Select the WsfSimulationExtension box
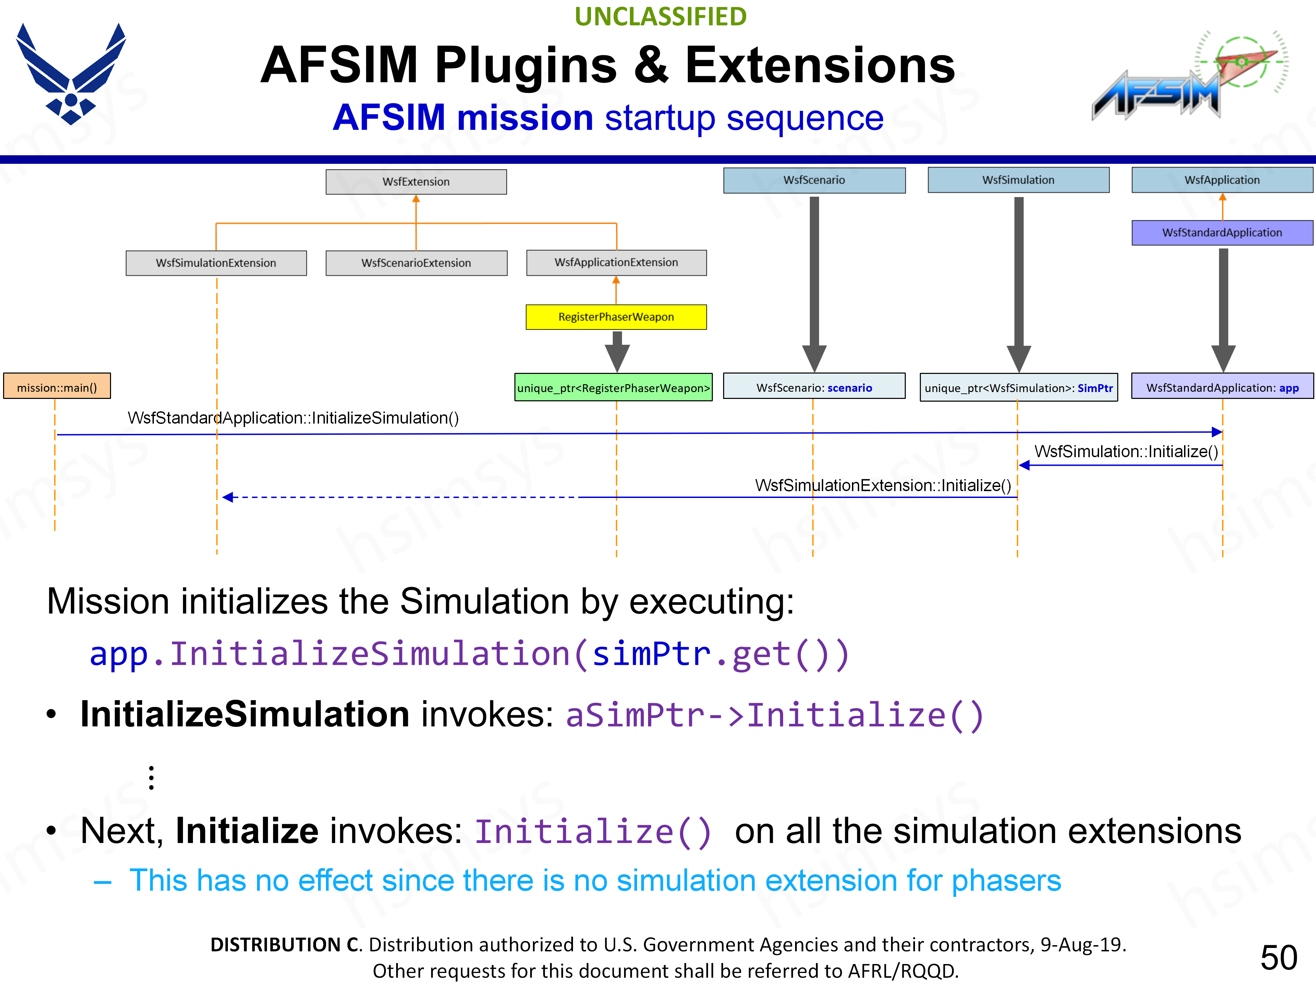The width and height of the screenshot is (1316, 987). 216,263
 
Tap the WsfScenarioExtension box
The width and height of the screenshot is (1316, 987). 416,263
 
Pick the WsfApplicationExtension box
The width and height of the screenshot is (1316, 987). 616,263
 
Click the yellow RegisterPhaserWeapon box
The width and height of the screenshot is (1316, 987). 616,317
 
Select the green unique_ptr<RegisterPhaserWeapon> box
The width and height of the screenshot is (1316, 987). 613,388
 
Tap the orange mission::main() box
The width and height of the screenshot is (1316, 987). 57,387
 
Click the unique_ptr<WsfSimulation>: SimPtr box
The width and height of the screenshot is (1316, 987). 1019,388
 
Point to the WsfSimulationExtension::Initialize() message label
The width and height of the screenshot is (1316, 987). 883,486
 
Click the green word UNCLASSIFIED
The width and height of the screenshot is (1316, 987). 660,17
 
